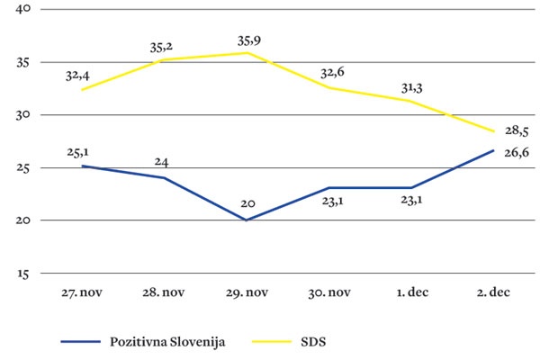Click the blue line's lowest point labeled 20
pos(247,220)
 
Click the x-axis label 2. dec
pos(493,293)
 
